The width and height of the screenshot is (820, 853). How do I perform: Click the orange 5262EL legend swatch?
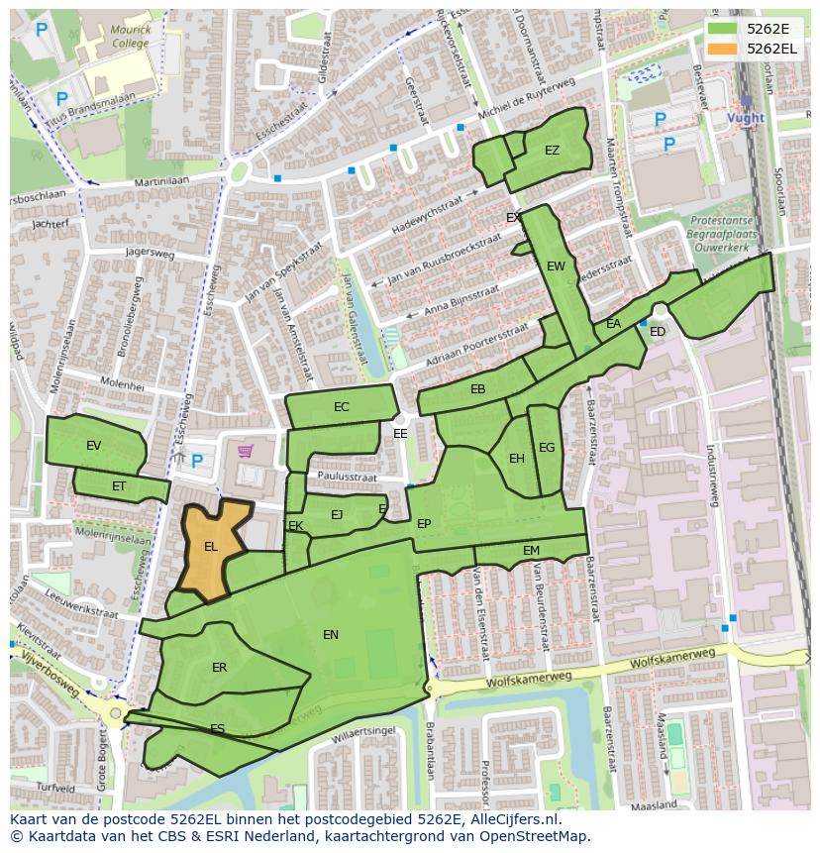pos(723,49)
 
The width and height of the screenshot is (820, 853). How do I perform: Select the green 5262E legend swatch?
pos(723,30)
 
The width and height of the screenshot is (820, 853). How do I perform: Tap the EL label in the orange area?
pos(211,546)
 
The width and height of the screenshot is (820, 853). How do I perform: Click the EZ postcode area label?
pos(552,151)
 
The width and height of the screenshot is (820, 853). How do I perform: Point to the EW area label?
pos(556,266)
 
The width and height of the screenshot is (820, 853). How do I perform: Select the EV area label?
pos(94,446)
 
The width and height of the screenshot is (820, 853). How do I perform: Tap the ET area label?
pos(119,485)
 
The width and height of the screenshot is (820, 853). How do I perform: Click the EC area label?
pos(341,407)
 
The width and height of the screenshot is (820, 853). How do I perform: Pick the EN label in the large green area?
pos(331,635)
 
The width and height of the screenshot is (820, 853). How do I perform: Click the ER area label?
pos(219,668)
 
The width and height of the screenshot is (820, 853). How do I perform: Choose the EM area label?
pos(531,551)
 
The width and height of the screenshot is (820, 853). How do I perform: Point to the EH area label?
pos(517,459)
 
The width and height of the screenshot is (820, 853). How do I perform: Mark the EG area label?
pos(547,448)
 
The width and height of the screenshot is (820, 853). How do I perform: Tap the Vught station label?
pos(745,118)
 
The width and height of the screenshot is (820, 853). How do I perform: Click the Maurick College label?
pos(131,37)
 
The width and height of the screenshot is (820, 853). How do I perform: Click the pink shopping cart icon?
pos(245,452)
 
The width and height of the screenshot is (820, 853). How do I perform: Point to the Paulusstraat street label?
pos(347,478)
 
